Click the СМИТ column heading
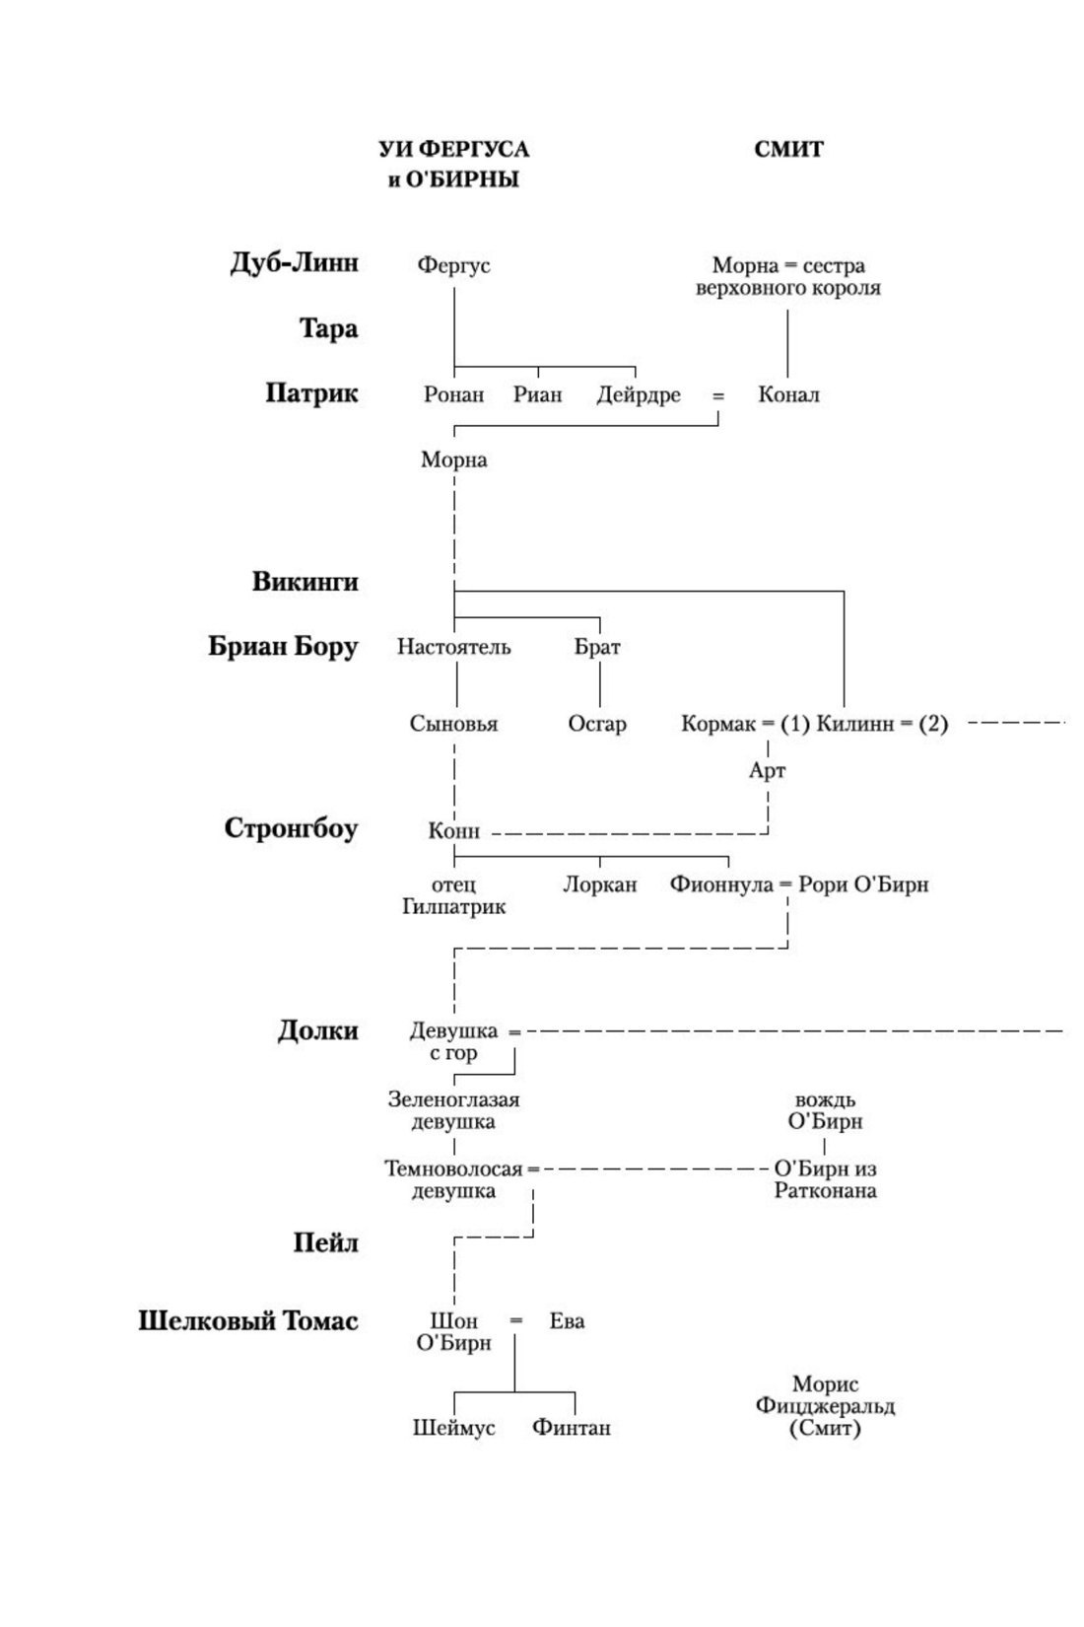[788, 149]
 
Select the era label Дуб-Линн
[294, 263]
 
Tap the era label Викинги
[305, 582]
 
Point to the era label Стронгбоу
[291, 828]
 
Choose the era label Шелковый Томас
[247, 1321]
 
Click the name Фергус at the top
[453, 265]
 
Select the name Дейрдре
[639, 394]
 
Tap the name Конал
[788, 394]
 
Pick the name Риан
[538, 394]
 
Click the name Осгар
[597, 724]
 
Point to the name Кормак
[718, 724]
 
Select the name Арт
[767, 770]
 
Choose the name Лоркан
[600, 884]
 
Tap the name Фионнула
[721, 884]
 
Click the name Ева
[567, 1321]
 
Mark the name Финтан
[572, 1427]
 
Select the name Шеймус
[453, 1427]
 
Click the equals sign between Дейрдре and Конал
[718, 395]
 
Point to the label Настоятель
[453, 647]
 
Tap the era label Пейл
[325, 1242]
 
